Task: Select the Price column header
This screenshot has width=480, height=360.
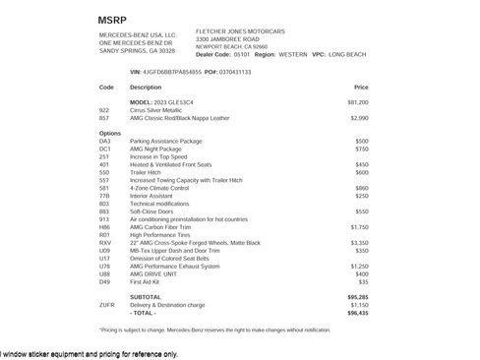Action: pyautogui.click(x=361, y=88)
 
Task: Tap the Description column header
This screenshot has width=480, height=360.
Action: pyautogui.click(x=146, y=88)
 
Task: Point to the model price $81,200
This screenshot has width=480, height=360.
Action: pyautogui.click(x=358, y=102)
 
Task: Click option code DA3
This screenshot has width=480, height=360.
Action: pyautogui.click(x=105, y=141)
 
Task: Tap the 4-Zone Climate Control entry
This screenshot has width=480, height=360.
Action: pyautogui.click(x=158, y=188)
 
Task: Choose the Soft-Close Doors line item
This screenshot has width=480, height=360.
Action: pyautogui.click(x=151, y=210)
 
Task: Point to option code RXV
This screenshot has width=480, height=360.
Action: pyautogui.click(x=105, y=242)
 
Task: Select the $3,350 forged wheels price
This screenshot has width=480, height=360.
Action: pyautogui.click(x=359, y=242)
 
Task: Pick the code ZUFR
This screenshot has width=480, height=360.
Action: pyautogui.click(x=107, y=304)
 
